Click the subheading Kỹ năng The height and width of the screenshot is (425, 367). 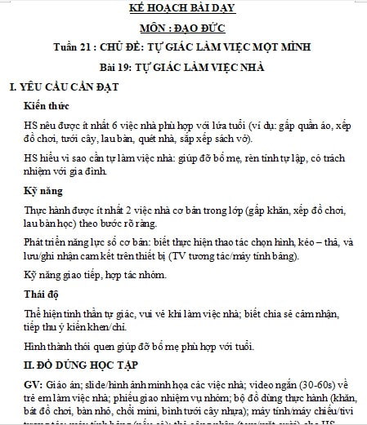pyautogui.click(x=46, y=192)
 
